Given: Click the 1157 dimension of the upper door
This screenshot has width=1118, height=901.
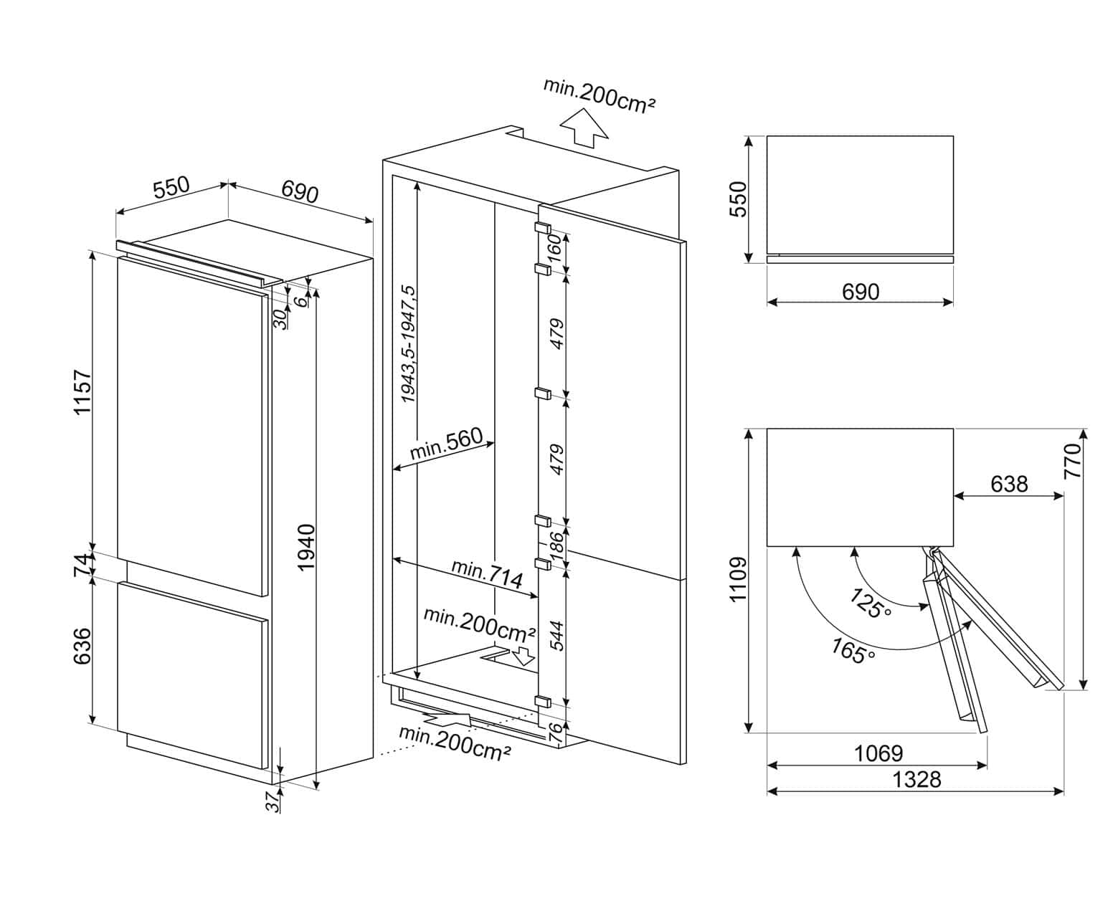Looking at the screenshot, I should point(84,392).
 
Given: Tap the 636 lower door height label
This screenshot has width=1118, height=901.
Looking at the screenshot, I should point(82,645).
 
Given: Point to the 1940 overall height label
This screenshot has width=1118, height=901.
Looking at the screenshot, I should point(306,547).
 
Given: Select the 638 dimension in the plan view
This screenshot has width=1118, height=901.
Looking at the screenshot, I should point(1009,485).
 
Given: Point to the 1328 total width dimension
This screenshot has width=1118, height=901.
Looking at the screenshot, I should point(917,779).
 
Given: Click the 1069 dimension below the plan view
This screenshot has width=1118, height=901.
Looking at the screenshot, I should point(878,753).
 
